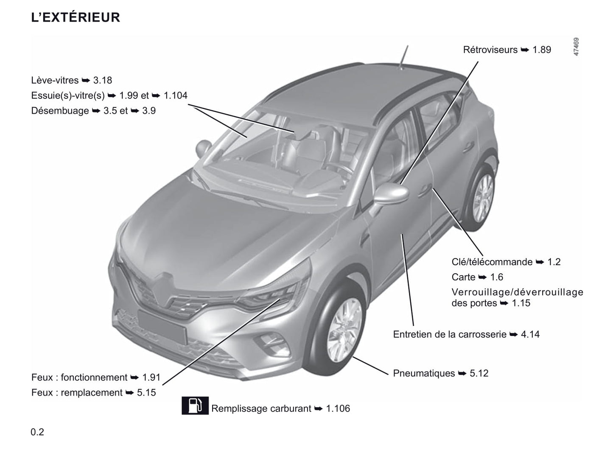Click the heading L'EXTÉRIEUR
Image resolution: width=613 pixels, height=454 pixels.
pos(76,17)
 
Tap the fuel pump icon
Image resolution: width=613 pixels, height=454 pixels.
pos(195,405)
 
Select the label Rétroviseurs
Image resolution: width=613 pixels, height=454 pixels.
pos(490,50)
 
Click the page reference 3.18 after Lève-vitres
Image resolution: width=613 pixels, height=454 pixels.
pos(103,80)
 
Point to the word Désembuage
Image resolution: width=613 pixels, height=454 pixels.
pos(60,111)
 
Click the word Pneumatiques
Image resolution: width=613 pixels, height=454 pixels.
pos(424,373)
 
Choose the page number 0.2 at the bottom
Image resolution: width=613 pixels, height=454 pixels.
pos(37,432)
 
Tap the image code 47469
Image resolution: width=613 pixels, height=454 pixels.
pos(576,47)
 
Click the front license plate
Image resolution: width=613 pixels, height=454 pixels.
pos(162,328)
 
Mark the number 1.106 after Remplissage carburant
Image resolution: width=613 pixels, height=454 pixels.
pos(338,408)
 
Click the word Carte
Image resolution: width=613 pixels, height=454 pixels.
pos(464,277)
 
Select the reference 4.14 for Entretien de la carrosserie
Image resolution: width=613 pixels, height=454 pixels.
pos(530,334)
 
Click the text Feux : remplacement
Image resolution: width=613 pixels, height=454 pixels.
pos(77,392)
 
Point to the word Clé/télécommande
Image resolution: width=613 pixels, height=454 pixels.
pos(492,262)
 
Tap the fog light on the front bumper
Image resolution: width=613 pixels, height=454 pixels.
pos(273,345)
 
